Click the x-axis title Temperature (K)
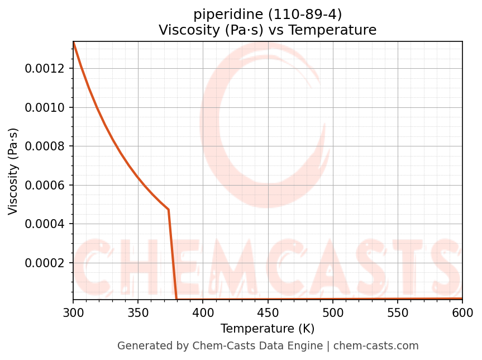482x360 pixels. [x=268, y=329]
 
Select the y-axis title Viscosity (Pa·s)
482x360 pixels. [x=13, y=171]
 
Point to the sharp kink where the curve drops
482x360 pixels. [x=168, y=210]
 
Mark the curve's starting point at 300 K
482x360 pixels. [x=74, y=42]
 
